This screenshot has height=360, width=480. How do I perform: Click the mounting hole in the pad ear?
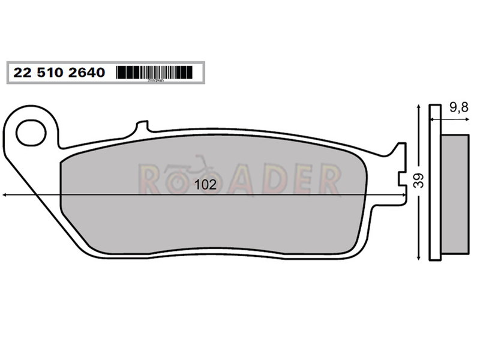click(x=31, y=133)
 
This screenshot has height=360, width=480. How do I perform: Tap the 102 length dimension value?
click(x=205, y=185)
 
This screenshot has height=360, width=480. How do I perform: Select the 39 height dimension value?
click(x=419, y=181)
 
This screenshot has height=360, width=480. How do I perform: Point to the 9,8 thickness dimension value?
click(x=458, y=107)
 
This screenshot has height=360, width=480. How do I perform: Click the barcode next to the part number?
click(x=155, y=73)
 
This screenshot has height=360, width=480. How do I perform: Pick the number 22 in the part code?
click(x=22, y=73)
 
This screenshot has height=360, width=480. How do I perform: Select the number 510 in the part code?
click(x=50, y=73)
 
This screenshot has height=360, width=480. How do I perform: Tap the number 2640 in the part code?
click(x=86, y=73)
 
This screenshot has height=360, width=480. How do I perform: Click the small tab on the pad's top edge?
click(x=142, y=126)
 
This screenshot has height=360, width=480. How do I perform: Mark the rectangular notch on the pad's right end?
click(x=402, y=178)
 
